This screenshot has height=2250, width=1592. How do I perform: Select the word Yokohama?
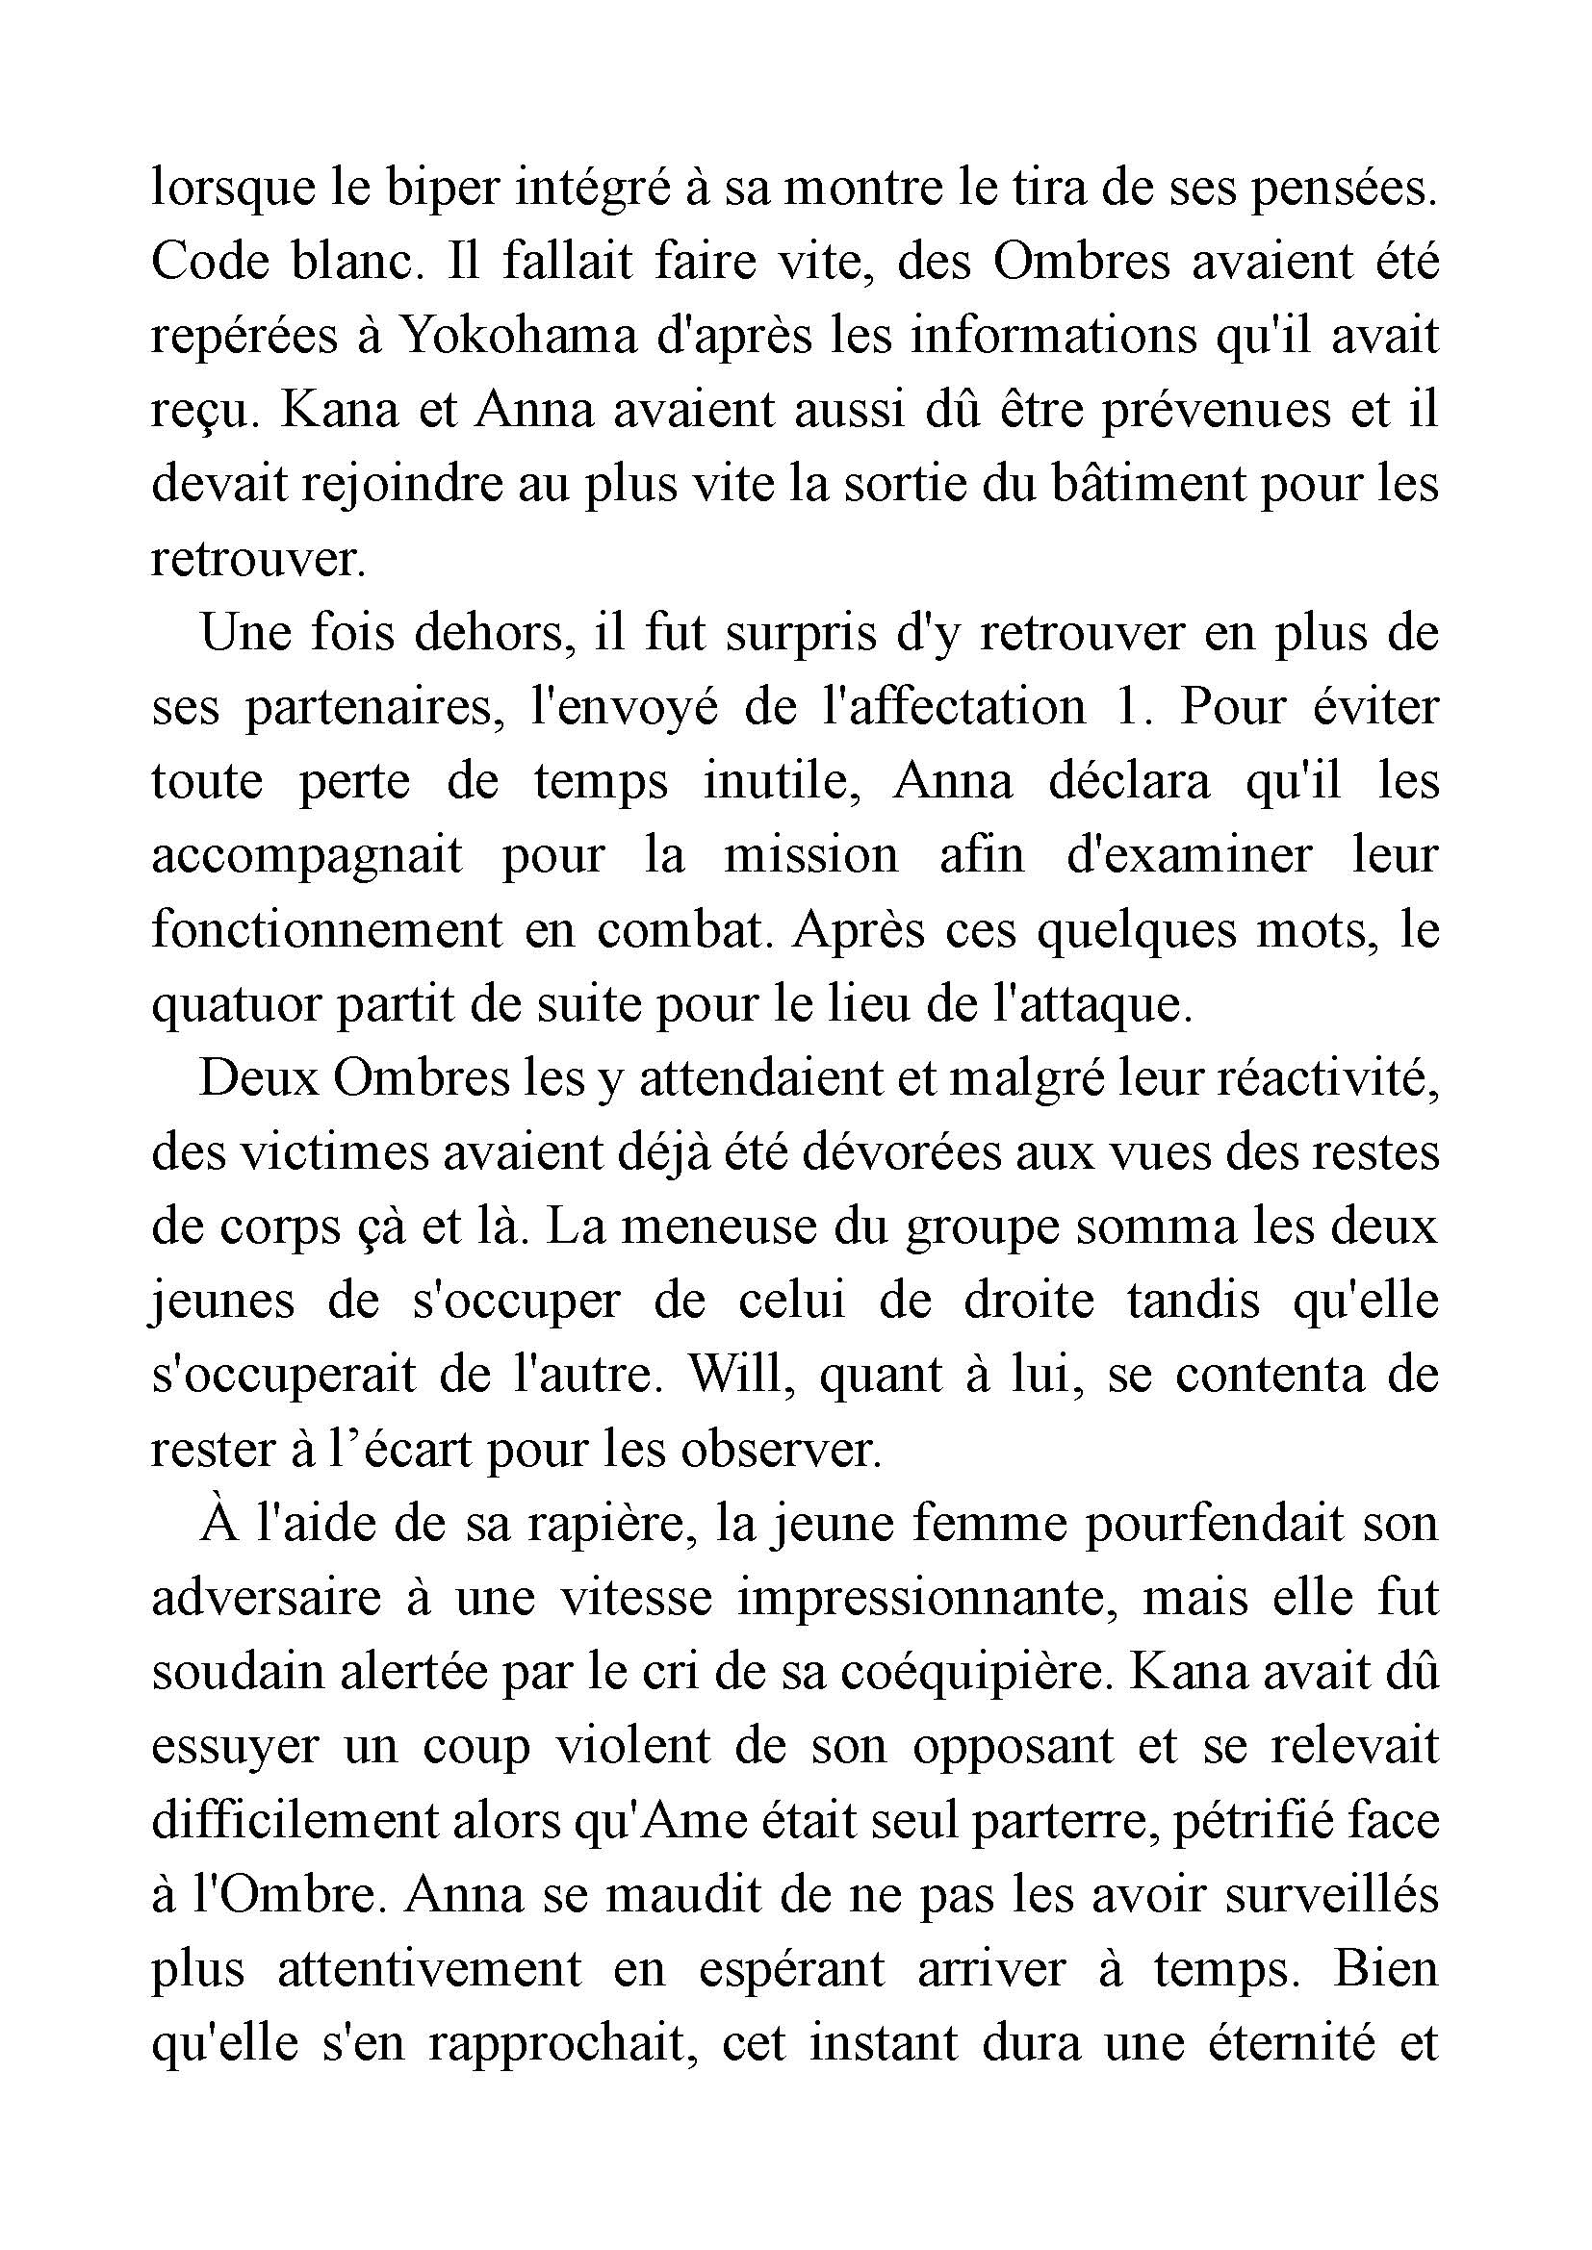(x=519, y=337)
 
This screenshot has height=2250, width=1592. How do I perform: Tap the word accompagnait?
(x=306, y=856)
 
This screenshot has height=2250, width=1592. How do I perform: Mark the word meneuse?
(x=722, y=1227)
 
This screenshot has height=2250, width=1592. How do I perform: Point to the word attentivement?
(x=429, y=1970)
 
